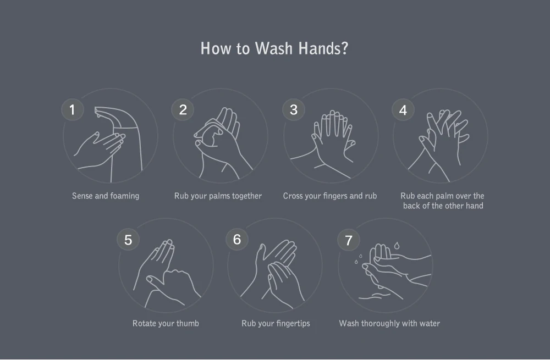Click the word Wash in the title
273,48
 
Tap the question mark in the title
344,48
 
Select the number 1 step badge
72,110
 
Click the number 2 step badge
183,110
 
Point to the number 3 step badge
294,110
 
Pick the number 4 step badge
403,110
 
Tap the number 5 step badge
128,240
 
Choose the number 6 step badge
237,240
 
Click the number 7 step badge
348,240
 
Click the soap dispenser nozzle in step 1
98,113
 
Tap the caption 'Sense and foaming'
106,196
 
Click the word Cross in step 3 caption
293,196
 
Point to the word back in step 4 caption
411,206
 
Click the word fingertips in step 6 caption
293,324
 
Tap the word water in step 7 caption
430,323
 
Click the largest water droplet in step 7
397,245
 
